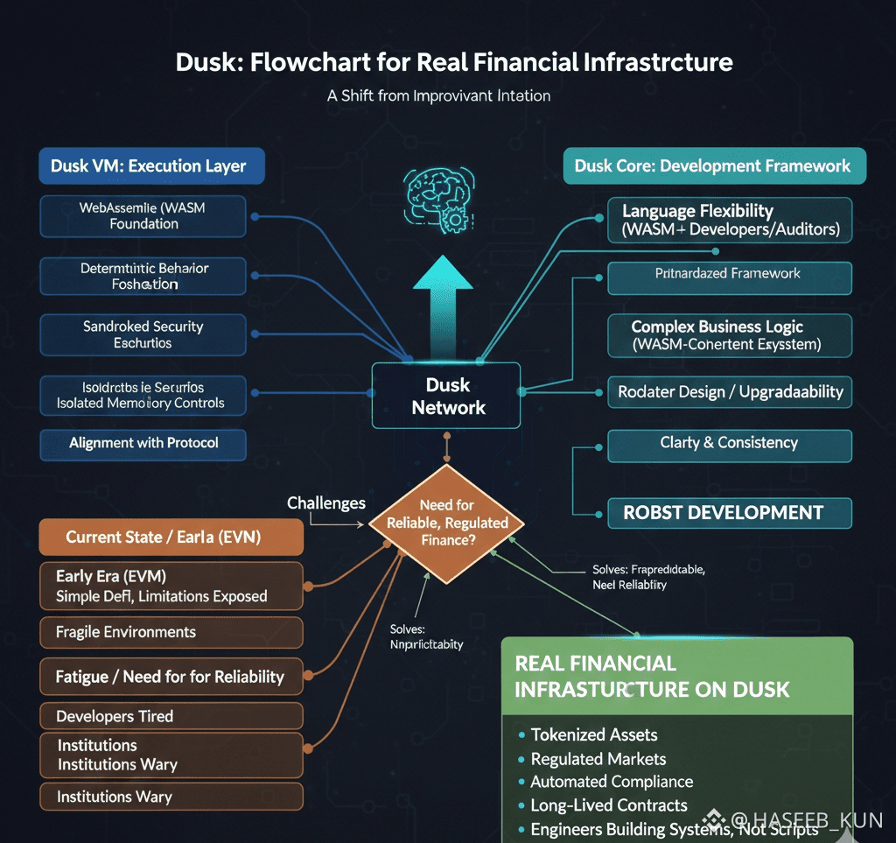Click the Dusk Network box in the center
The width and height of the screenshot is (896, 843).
(x=447, y=396)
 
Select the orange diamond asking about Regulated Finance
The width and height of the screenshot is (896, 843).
(x=447, y=523)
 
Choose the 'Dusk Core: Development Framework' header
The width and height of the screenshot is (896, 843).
(x=712, y=165)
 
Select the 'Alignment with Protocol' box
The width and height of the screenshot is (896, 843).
(x=143, y=443)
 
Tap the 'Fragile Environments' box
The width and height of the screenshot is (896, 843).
(x=171, y=632)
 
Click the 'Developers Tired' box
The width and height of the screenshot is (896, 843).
(x=171, y=716)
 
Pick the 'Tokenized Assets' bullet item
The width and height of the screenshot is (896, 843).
(x=594, y=734)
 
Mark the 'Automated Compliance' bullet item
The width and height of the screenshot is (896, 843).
(x=612, y=782)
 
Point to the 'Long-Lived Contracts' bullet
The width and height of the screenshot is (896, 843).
(x=609, y=805)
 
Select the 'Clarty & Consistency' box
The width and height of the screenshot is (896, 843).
(x=729, y=443)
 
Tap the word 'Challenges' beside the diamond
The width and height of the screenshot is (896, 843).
(x=326, y=503)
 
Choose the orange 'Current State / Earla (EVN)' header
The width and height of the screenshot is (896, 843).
(x=171, y=537)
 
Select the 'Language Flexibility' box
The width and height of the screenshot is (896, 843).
(x=729, y=220)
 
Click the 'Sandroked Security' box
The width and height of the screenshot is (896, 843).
(x=143, y=334)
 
